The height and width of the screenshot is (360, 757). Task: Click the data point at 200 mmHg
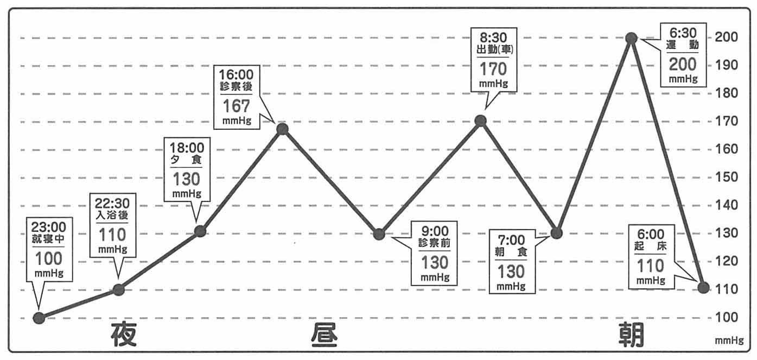pos(631,38)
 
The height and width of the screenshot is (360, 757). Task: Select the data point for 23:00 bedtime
pos(39,318)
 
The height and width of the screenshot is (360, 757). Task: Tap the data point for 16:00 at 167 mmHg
pos(282,129)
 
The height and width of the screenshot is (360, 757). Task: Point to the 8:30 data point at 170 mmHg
pos(480,121)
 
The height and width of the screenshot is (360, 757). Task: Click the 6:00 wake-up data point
pos(703,287)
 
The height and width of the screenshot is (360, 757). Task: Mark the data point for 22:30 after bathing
pos(119,289)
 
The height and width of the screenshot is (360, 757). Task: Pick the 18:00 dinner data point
pos(200,231)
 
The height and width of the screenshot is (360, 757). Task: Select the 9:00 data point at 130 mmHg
pos(379,234)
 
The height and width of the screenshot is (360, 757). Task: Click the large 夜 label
pos(124,334)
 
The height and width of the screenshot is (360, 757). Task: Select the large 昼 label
pos(325,336)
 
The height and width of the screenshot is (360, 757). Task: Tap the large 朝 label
pos(631,335)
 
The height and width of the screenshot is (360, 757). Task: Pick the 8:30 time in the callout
pos(493,37)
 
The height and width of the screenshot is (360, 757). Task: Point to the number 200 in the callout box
pos(682,65)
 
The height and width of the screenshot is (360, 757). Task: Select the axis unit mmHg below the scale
pos(729,341)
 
